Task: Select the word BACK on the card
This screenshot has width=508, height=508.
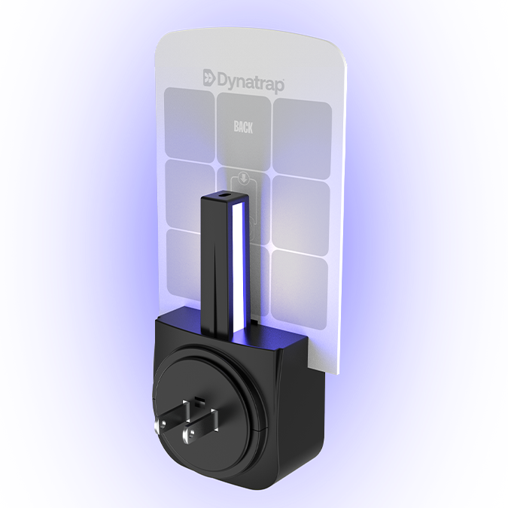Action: click(243, 127)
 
